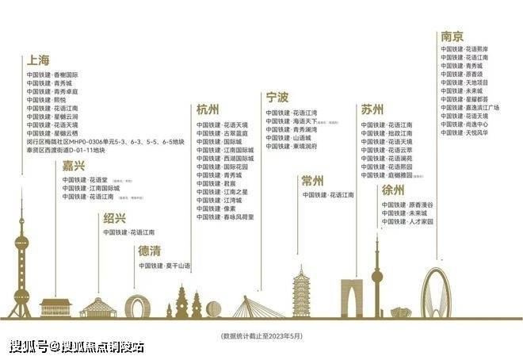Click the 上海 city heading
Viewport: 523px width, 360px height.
38,60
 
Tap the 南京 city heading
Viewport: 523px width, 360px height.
452,36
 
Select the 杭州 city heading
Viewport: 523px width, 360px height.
208,110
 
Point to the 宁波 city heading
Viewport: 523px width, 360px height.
277,98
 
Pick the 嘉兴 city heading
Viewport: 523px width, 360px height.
74,166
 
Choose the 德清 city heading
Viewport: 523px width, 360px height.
150,251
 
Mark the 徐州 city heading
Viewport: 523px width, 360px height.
393,190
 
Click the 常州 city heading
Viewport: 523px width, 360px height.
313,181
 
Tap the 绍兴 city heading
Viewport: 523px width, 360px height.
114,218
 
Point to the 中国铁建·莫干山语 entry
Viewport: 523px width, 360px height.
165,265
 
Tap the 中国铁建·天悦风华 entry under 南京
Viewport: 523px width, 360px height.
464,132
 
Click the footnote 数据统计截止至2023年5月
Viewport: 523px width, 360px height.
261,335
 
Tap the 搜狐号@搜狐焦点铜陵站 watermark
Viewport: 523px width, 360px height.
77,347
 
